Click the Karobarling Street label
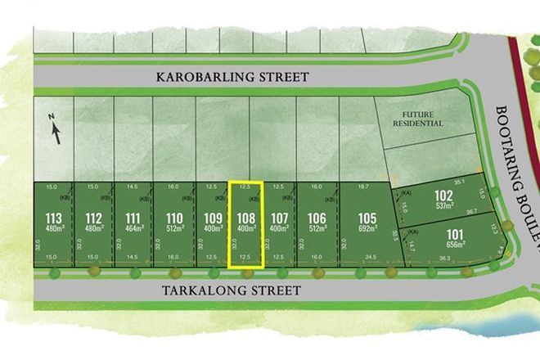coord(233,77)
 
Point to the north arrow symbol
coord(55,129)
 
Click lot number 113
coord(53,218)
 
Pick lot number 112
coord(94,218)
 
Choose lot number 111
coord(133,218)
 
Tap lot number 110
coord(173,218)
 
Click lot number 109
coord(213,218)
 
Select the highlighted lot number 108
coord(245,218)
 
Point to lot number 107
coord(279,218)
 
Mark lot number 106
coord(317,218)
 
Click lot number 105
coord(367,218)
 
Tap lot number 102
coord(443,196)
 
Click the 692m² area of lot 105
coord(367,229)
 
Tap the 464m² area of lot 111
coord(133,229)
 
